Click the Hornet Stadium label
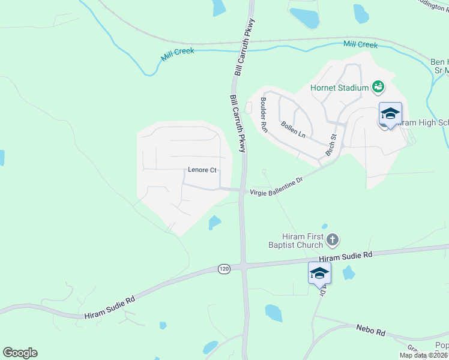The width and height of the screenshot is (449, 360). coord(339,88)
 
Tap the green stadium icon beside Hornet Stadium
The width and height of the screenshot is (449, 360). coord(378,88)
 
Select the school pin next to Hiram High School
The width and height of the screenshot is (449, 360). coord(390,113)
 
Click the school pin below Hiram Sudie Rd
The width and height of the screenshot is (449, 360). coord(319,274)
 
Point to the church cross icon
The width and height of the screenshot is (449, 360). coord(333,241)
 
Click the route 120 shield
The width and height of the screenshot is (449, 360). coord(224,269)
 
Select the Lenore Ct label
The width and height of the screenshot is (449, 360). coord(202,170)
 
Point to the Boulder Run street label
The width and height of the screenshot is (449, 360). coord(264,115)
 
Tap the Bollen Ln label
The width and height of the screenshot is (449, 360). coord(294,129)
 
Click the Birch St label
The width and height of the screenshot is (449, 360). coord(331,144)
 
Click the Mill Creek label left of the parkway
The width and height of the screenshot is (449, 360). coord(178,55)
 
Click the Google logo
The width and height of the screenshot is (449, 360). coord(20,353)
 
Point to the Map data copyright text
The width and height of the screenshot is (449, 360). coord(423,355)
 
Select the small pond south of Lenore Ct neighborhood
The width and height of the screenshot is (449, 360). coord(214,223)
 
